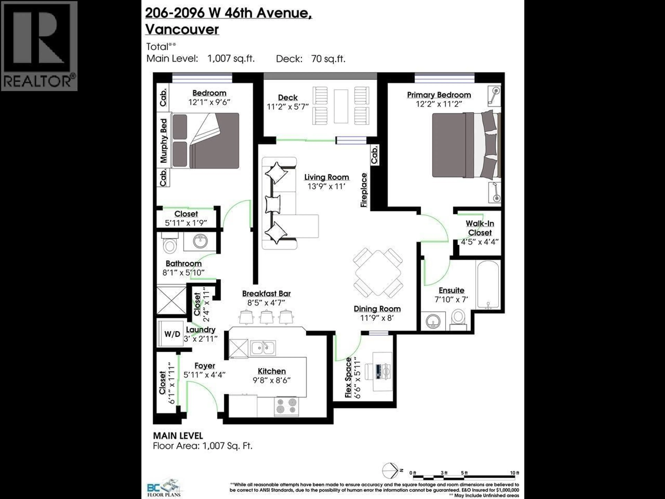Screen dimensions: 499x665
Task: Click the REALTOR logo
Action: pos(39,46)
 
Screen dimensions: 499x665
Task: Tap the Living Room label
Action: pos(326,177)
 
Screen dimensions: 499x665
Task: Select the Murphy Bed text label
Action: pos(163,141)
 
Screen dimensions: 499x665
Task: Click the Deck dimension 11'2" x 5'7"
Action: pos(288,107)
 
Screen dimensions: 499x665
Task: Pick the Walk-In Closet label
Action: pos(480,228)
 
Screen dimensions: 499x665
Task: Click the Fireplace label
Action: pos(364,190)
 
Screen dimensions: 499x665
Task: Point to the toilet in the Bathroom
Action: pos(170,245)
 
